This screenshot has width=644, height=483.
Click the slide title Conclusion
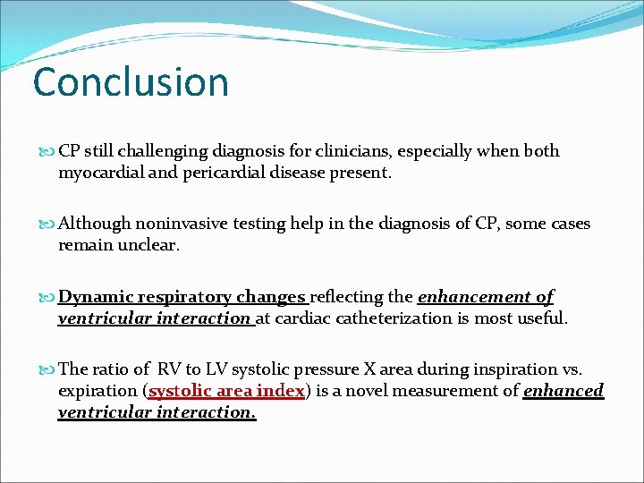coord(131,81)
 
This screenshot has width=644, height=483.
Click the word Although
coord(94,224)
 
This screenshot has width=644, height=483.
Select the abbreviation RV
coord(168,369)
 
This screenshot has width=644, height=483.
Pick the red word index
coord(282,390)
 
